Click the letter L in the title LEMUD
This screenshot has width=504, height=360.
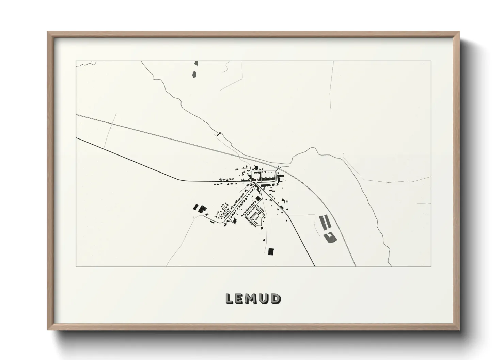[230, 298]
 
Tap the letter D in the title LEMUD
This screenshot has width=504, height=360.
[275, 298]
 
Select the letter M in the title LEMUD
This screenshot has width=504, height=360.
[252, 298]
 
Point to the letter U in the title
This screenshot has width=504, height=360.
[264, 298]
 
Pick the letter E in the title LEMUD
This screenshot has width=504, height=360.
[240, 298]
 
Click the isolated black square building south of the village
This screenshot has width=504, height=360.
[271, 251]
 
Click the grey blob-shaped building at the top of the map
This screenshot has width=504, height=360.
[194, 74]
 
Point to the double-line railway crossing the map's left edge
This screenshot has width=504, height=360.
[79, 116]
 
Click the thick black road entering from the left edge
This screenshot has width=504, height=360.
[80, 139]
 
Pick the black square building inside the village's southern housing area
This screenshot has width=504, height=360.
[258, 198]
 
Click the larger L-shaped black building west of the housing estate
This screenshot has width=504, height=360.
[202, 209]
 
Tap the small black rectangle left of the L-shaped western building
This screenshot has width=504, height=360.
[196, 207]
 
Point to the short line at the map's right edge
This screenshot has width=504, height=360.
[424, 204]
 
